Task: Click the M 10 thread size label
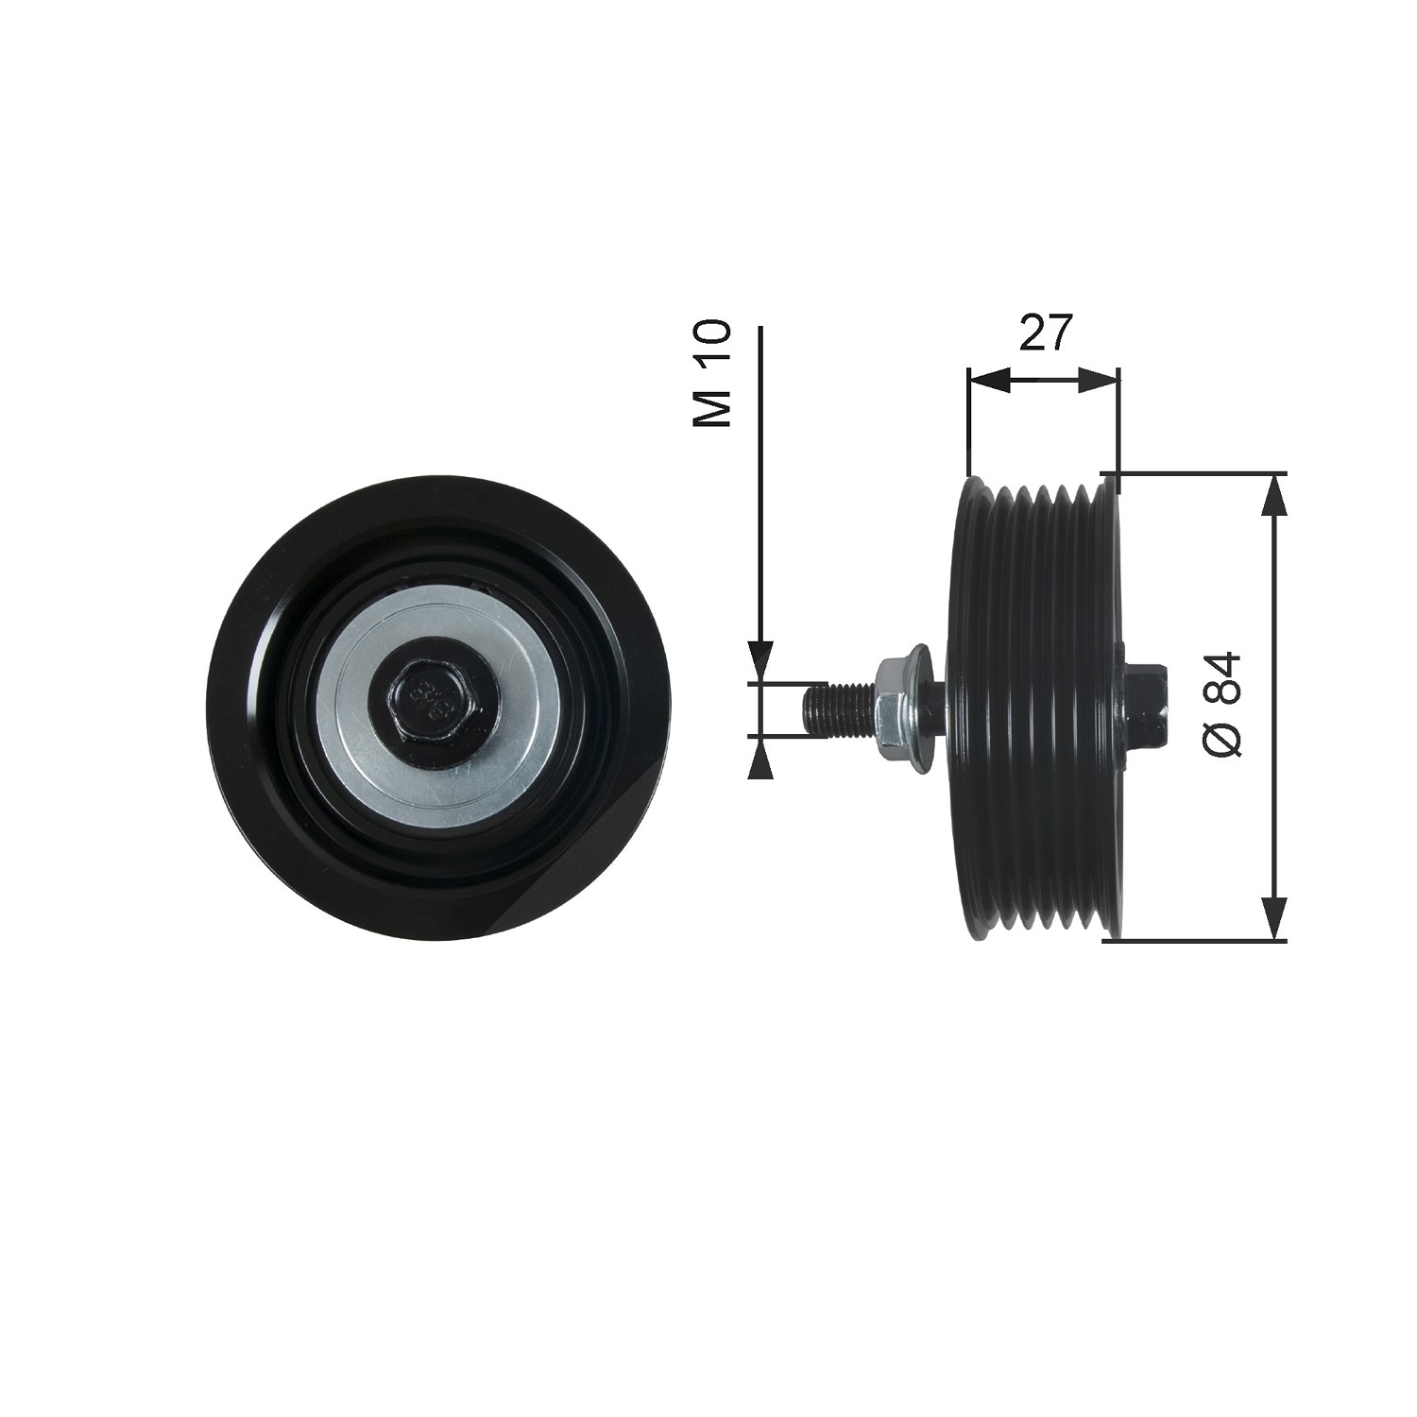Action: click(x=712, y=373)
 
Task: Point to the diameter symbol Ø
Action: click(x=1223, y=740)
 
